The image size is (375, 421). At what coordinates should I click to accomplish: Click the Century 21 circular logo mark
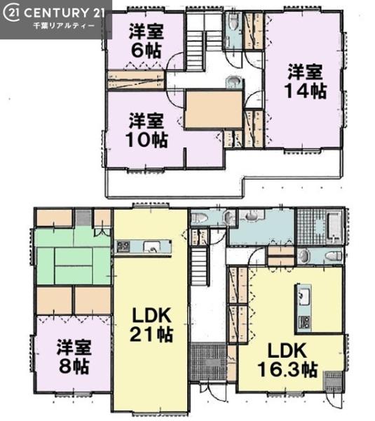point(11,13)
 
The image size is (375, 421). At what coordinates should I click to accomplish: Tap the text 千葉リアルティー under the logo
point(64,26)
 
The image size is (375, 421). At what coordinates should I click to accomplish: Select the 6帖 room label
point(146,50)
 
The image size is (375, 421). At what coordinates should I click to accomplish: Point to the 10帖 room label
point(146,140)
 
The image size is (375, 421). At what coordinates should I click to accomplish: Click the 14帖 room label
point(306,91)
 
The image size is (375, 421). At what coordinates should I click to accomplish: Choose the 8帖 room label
point(74,366)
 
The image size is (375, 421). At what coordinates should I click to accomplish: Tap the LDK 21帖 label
point(151,325)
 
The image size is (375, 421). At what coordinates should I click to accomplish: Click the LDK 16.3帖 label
point(287,361)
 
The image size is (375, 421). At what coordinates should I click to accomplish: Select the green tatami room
point(73,255)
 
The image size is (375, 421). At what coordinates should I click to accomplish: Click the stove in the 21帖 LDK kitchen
point(123,246)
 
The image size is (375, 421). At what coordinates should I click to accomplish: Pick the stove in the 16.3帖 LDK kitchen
point(304,321)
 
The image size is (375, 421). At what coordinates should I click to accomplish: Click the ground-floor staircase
point(199,267)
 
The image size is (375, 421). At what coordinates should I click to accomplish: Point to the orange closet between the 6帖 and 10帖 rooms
point(136,80)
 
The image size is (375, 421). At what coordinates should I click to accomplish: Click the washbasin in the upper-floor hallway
point(232,81)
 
